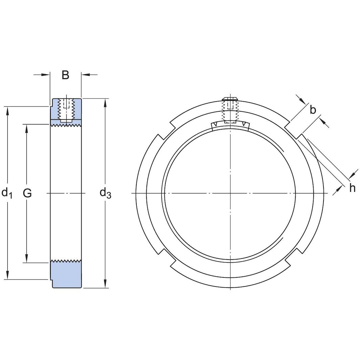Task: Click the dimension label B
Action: click(x=65, y=75)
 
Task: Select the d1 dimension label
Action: click(x=7, y=193)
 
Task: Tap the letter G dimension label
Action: click(x=27, y=193)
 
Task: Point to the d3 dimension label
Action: click(x=105, y=193)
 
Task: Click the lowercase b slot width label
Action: click(x=313, y=110)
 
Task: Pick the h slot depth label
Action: click(x=352, y=188)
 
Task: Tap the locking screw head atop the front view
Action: click(x=230, y=99)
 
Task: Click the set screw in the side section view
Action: click(x=66, y=110)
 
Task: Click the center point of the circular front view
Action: click(x=230, y=193)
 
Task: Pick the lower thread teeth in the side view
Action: click(x=66, y=261)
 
